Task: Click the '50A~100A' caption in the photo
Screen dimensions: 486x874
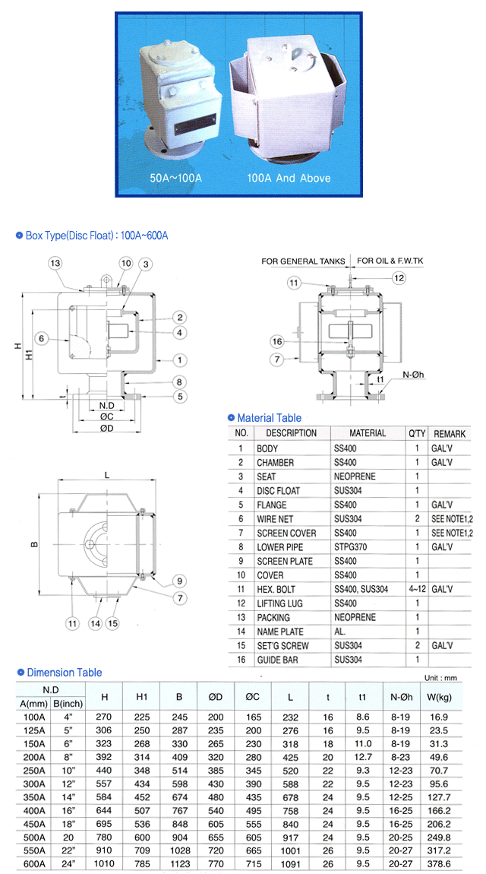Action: [175, 179]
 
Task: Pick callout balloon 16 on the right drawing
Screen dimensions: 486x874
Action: [277, 341]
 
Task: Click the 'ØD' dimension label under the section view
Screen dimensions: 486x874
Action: [107, 428]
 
